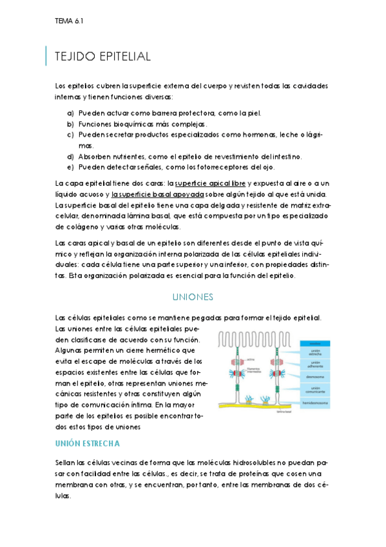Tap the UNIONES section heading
click(x=193, y=297)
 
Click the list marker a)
click(x=70, y=113)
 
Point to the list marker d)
click(x=70, y=157)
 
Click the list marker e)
click(x=70, y=167)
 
